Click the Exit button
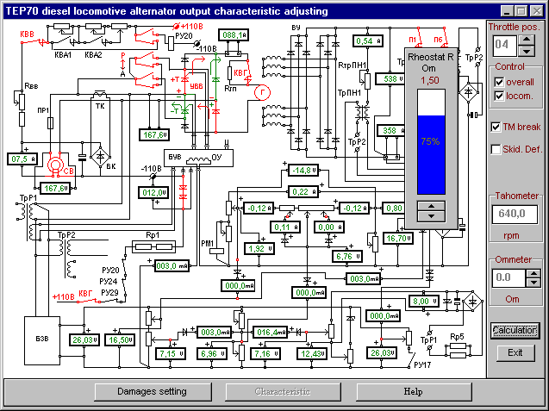coord(515,352)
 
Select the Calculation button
coord(515,330)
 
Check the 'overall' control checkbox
coord(500,82)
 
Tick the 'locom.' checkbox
coord(500,97)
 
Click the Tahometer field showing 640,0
coord(515,214)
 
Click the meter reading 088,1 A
coord(232,34)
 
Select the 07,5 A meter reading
coord(21,159)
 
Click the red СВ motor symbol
coord(57,165)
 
